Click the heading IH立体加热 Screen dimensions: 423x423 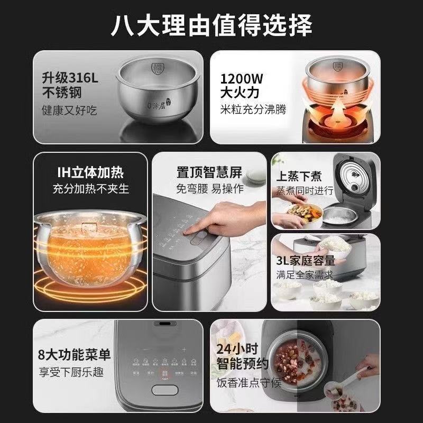(x=90, y=172)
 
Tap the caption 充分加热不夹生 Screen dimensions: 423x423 (x=90, y=188)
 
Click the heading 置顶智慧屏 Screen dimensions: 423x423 (x=209, y=173)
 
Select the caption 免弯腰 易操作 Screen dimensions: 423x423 (x=209, y=189)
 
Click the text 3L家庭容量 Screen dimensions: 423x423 (x=305, y=260)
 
